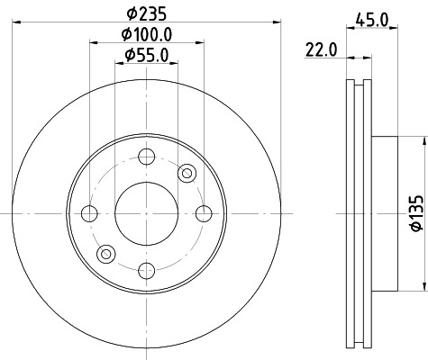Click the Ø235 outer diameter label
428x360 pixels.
(x=146, y=13)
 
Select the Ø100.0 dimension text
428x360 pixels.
(x=147, y=34)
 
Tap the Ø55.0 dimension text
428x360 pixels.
(x=148, y=56)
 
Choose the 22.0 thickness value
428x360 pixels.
(x=321, y=50)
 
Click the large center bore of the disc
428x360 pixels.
(x=147, y=213)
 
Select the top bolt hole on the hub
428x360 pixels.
(x=147, y=156)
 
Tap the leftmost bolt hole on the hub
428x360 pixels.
(x=89, y=213)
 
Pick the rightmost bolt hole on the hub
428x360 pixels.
(x=205, y=213)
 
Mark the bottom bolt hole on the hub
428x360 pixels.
(x=147, y=270)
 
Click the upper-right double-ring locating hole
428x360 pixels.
(x=187, y=172)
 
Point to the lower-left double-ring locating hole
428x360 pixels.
(x=106, y=254)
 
